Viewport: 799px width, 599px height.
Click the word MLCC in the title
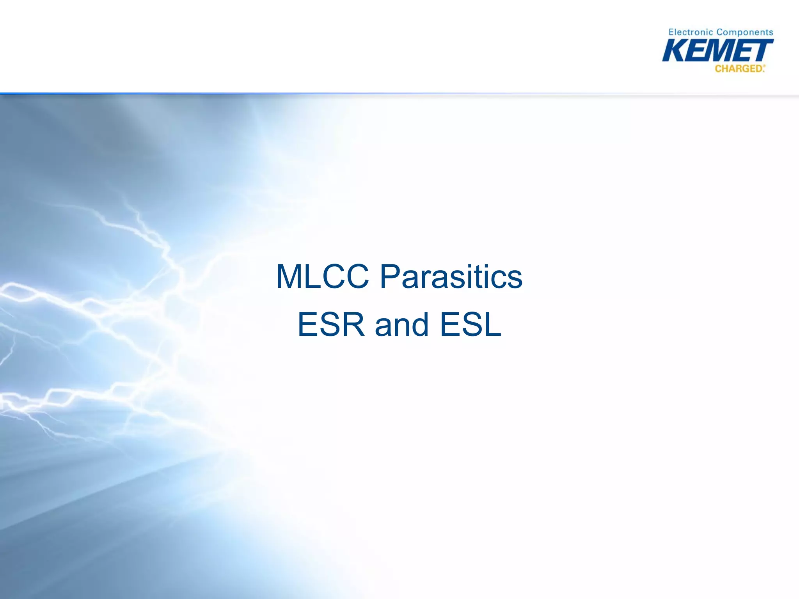(322, 276)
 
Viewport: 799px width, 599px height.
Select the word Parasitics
(451, 276)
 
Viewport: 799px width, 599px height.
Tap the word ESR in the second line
(331, 324)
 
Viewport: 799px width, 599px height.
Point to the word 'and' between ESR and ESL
(402, 324)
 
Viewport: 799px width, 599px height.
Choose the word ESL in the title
(470, 324)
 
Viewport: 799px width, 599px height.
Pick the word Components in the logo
(745, 32)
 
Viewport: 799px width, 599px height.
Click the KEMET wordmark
(717, 51)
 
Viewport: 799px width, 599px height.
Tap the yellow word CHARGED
(739, 69)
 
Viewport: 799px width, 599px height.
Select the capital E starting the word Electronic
(671, 32)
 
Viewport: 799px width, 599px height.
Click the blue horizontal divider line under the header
(195, 94)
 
